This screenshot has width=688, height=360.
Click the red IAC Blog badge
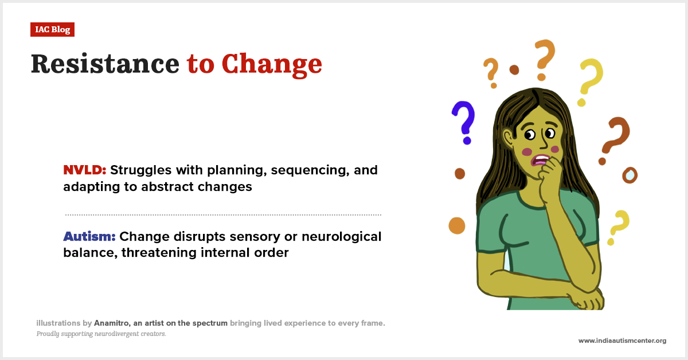tap(52, 30)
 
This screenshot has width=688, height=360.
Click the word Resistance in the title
tap(105, 64)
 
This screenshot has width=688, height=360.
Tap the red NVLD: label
tap(85, 170)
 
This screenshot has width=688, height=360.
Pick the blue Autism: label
tap(89, 236)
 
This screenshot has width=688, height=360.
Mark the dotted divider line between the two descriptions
tap(223, 215)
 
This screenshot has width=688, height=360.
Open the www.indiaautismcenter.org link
tap(621, 341)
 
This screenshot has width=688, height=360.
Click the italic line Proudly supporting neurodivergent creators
tap(101, 334)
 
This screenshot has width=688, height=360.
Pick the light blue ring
tap(630, 175)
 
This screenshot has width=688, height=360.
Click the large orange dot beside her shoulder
tap(456, 226)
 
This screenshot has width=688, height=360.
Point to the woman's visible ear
tap(508, 138)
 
